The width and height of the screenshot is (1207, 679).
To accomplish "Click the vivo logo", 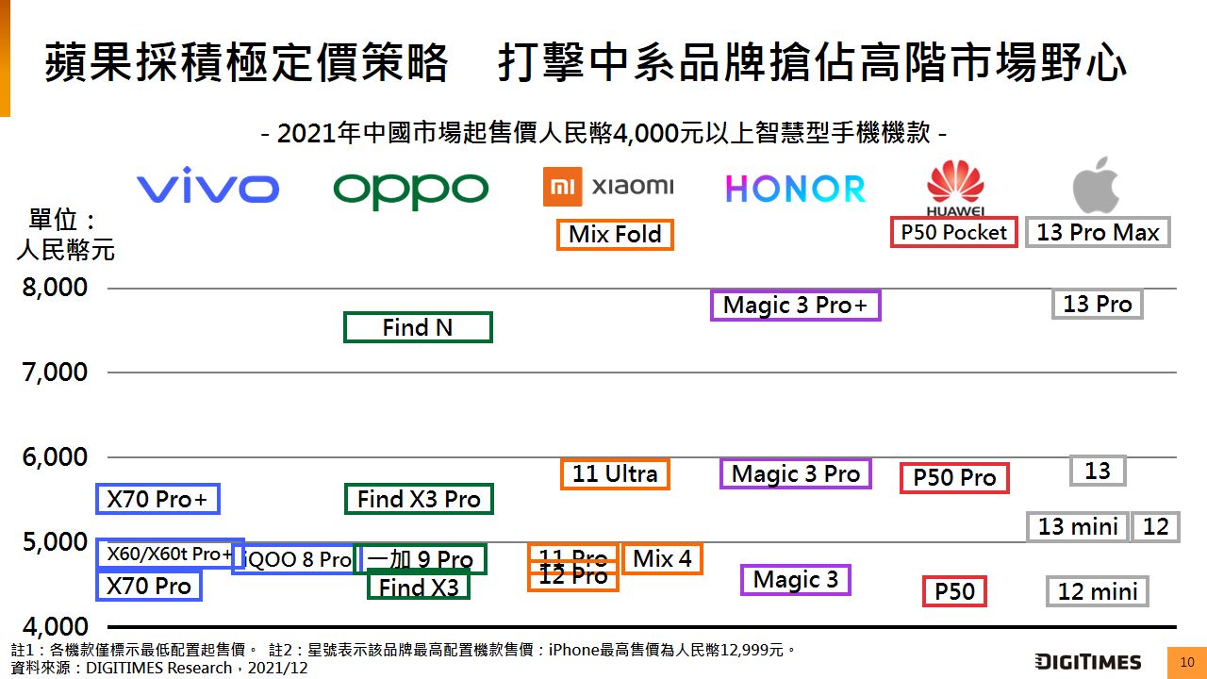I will tap(207, 187).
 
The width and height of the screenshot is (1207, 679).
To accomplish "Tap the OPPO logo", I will tap(411, 190).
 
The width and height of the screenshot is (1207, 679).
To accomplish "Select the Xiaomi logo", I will tap(608, 186).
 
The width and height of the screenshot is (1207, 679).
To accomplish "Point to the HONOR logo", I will tap(795, 189).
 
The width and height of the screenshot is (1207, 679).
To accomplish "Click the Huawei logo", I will tap(955, 189).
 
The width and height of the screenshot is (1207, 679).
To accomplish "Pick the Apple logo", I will tap(1096, 185).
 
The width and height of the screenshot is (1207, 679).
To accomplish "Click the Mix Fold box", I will tap(615, 234).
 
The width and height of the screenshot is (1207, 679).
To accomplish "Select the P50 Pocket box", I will tap(953, 232).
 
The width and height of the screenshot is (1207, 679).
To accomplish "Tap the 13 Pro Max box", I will tap(1098, 232).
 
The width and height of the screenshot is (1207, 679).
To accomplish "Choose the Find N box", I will tap(418, 327).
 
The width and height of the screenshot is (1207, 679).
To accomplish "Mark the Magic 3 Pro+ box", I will tap(795, 305).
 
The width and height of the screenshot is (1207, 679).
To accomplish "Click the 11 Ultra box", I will tap(615, 473).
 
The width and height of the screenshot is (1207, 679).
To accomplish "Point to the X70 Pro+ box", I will tap(157, 499).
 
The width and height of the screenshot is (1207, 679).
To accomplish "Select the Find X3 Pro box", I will tap(419, 499).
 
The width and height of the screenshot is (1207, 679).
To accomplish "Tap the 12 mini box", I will tap(1098, 591).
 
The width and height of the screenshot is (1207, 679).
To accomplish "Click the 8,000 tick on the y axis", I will tap(56, 288).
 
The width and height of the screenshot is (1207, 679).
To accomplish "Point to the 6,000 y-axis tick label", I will tap(56, 457).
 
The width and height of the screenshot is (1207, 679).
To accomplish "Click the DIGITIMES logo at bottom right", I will tap(1087, 661).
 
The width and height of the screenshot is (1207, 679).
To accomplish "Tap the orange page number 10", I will tap(1186, 662).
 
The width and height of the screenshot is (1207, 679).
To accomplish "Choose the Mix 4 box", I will tap(662, 558).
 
